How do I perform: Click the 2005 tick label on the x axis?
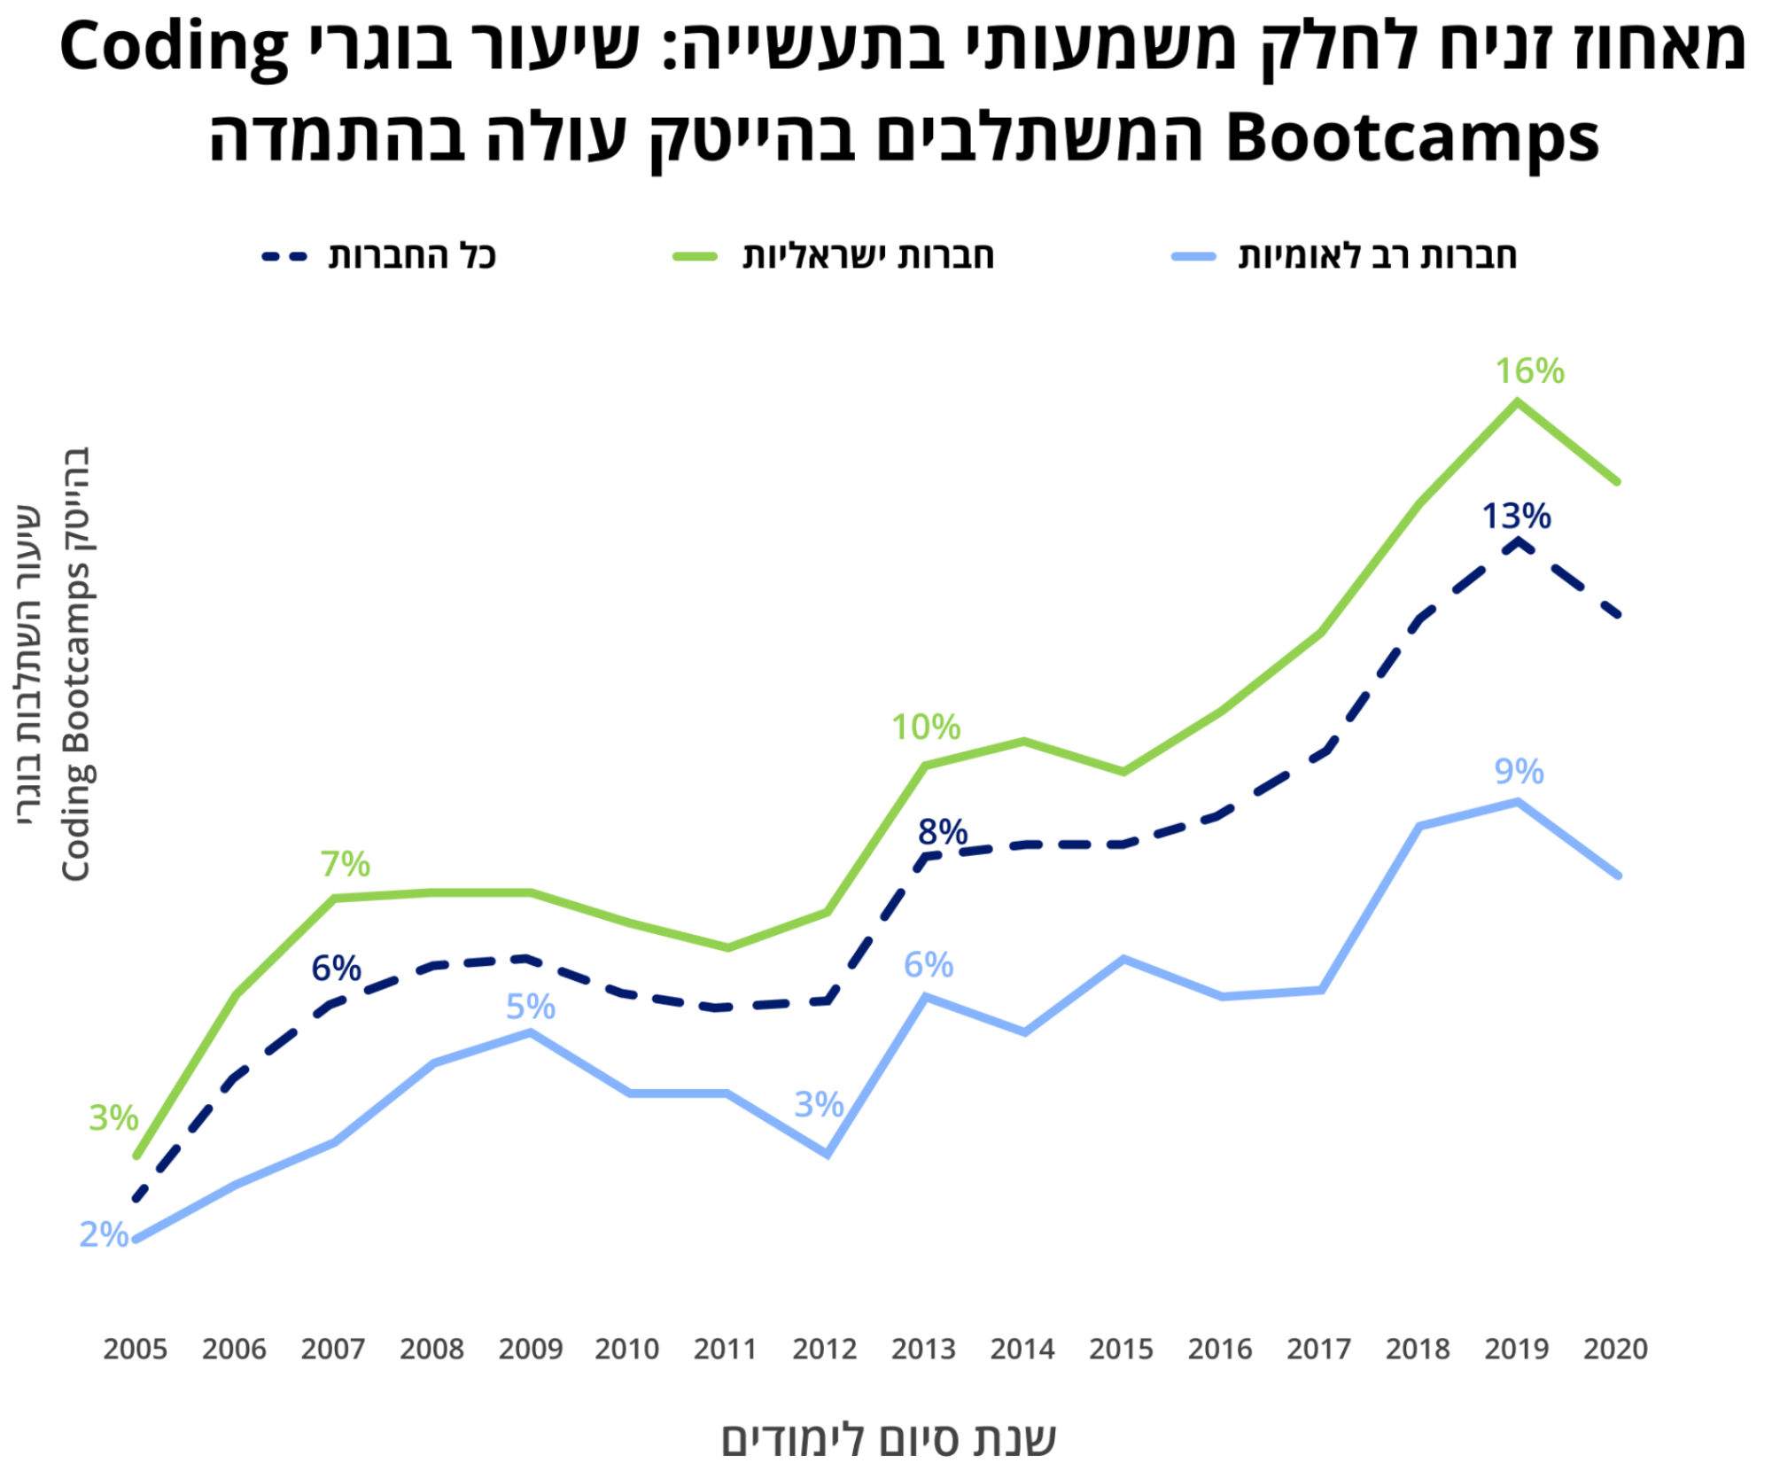pos(135,1349)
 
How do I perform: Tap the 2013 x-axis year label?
pos(923,1349)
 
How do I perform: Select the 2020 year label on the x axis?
pos(1615,1349)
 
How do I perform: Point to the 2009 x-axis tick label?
pos(530,1349)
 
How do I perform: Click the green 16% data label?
pos(1529,371)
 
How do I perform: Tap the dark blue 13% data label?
pos(1516,516)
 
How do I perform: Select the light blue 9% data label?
pos(1519,772)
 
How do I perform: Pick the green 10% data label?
pos(925,728)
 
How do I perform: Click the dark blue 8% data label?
pos(943,832)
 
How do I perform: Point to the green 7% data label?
pos(345,864)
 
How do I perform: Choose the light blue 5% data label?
pos(531,1007)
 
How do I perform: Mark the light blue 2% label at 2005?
pos(104,1234)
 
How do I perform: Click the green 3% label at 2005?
pos(113,1118)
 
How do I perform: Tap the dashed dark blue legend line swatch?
pos(284,257)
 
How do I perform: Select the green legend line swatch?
pos(695,257)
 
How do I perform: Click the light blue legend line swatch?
pos(1193,257)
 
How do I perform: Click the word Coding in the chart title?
pos(175,49)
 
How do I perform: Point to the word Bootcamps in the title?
pos(1412,139)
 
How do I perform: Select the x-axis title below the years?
pos(888,1439)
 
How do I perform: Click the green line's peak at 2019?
pos(1518,401)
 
